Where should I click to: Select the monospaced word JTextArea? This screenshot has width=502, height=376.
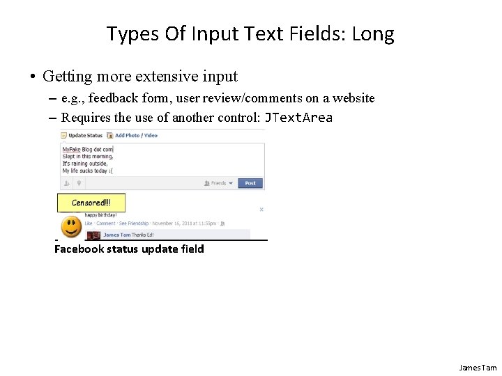[x=298, y=117]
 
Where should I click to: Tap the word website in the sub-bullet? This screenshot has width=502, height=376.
[x=352, y=98]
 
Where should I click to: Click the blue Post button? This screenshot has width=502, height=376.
[x=250, y=183]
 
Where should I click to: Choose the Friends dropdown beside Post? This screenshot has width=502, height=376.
[x=219, y=183]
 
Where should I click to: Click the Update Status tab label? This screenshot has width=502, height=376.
[x=85, y=136]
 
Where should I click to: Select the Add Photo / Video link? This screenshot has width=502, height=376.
[x=136, y=136]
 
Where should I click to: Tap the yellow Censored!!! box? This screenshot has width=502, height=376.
[x=91, y=203]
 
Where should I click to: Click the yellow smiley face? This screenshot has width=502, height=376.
[x=70, y=227]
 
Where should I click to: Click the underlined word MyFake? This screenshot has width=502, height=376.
[x=71, y=149]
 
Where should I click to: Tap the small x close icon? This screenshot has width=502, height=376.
[x=261, y=209]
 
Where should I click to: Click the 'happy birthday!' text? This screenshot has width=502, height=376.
[x=101, y=216]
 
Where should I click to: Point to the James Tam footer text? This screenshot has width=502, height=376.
[x=478, y=368]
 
